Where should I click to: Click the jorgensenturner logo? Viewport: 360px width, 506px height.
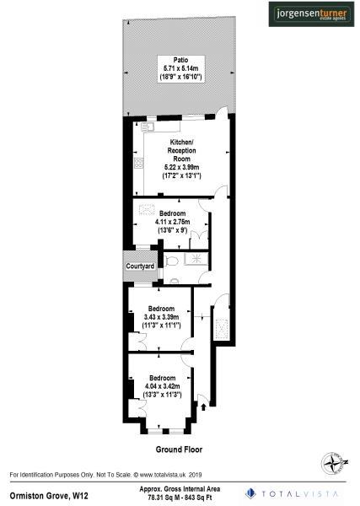coord(313,14)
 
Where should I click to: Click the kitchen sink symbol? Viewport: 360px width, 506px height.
coord(148,127)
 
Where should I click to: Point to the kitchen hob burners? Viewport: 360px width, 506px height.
coord(135,164)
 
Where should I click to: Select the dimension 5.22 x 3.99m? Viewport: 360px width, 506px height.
coord(181,167)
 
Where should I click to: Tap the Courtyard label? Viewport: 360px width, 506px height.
coord(140,266)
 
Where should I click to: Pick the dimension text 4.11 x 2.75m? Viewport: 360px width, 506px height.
coord(175,221)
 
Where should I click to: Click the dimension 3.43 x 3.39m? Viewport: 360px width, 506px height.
coord(162,318)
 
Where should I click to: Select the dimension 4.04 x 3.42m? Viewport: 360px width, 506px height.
coord(162,385)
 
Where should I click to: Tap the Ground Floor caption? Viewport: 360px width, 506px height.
coord(179,449)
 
